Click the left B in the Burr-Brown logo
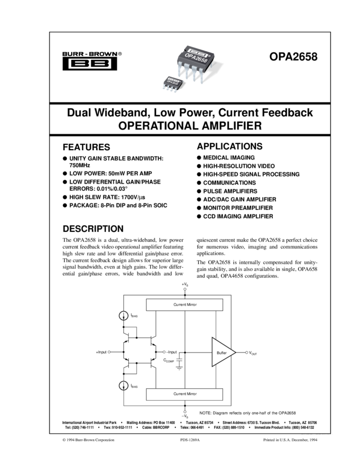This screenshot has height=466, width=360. click(78, 64)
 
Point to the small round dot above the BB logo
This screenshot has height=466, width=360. click(102, 54)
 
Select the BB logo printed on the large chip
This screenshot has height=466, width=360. click(193, 51)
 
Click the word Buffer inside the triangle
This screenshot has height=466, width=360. click(221, 353)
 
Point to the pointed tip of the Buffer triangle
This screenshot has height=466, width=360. click(235, 352)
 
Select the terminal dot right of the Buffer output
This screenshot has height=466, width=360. click(247, 352)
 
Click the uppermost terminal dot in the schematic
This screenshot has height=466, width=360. click(185, 289)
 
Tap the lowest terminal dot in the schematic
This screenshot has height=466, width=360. click(185, 412)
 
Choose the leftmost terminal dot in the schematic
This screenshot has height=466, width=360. click(109, 352)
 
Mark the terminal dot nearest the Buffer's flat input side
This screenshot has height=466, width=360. click(164, 352)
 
